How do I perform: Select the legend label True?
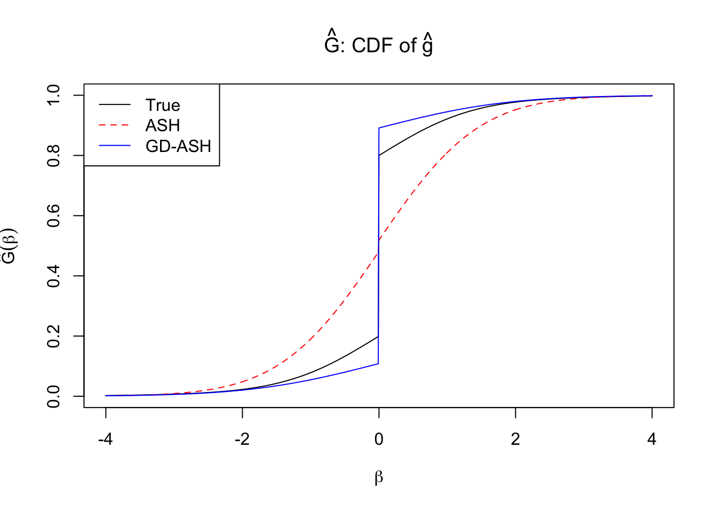tap(163, 105)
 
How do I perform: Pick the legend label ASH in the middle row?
tap(163, 125)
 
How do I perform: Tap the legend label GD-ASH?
tap(178, 146)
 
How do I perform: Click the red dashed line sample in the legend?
tap(114, 125)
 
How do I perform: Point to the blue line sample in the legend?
tap(114, 146)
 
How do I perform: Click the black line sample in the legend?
tap(114, 105)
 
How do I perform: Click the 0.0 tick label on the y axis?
tap(54, 396)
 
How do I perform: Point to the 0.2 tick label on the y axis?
tap(54, 336)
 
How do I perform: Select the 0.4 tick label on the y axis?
tap(54, 276)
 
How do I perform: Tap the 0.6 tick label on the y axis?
tap(54, 215)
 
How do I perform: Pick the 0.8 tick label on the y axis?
tap(54, 155)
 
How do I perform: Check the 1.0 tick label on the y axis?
tap(54, 95)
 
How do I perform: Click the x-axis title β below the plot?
tap(379, 477)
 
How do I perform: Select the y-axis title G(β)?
tap(10, 246)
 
